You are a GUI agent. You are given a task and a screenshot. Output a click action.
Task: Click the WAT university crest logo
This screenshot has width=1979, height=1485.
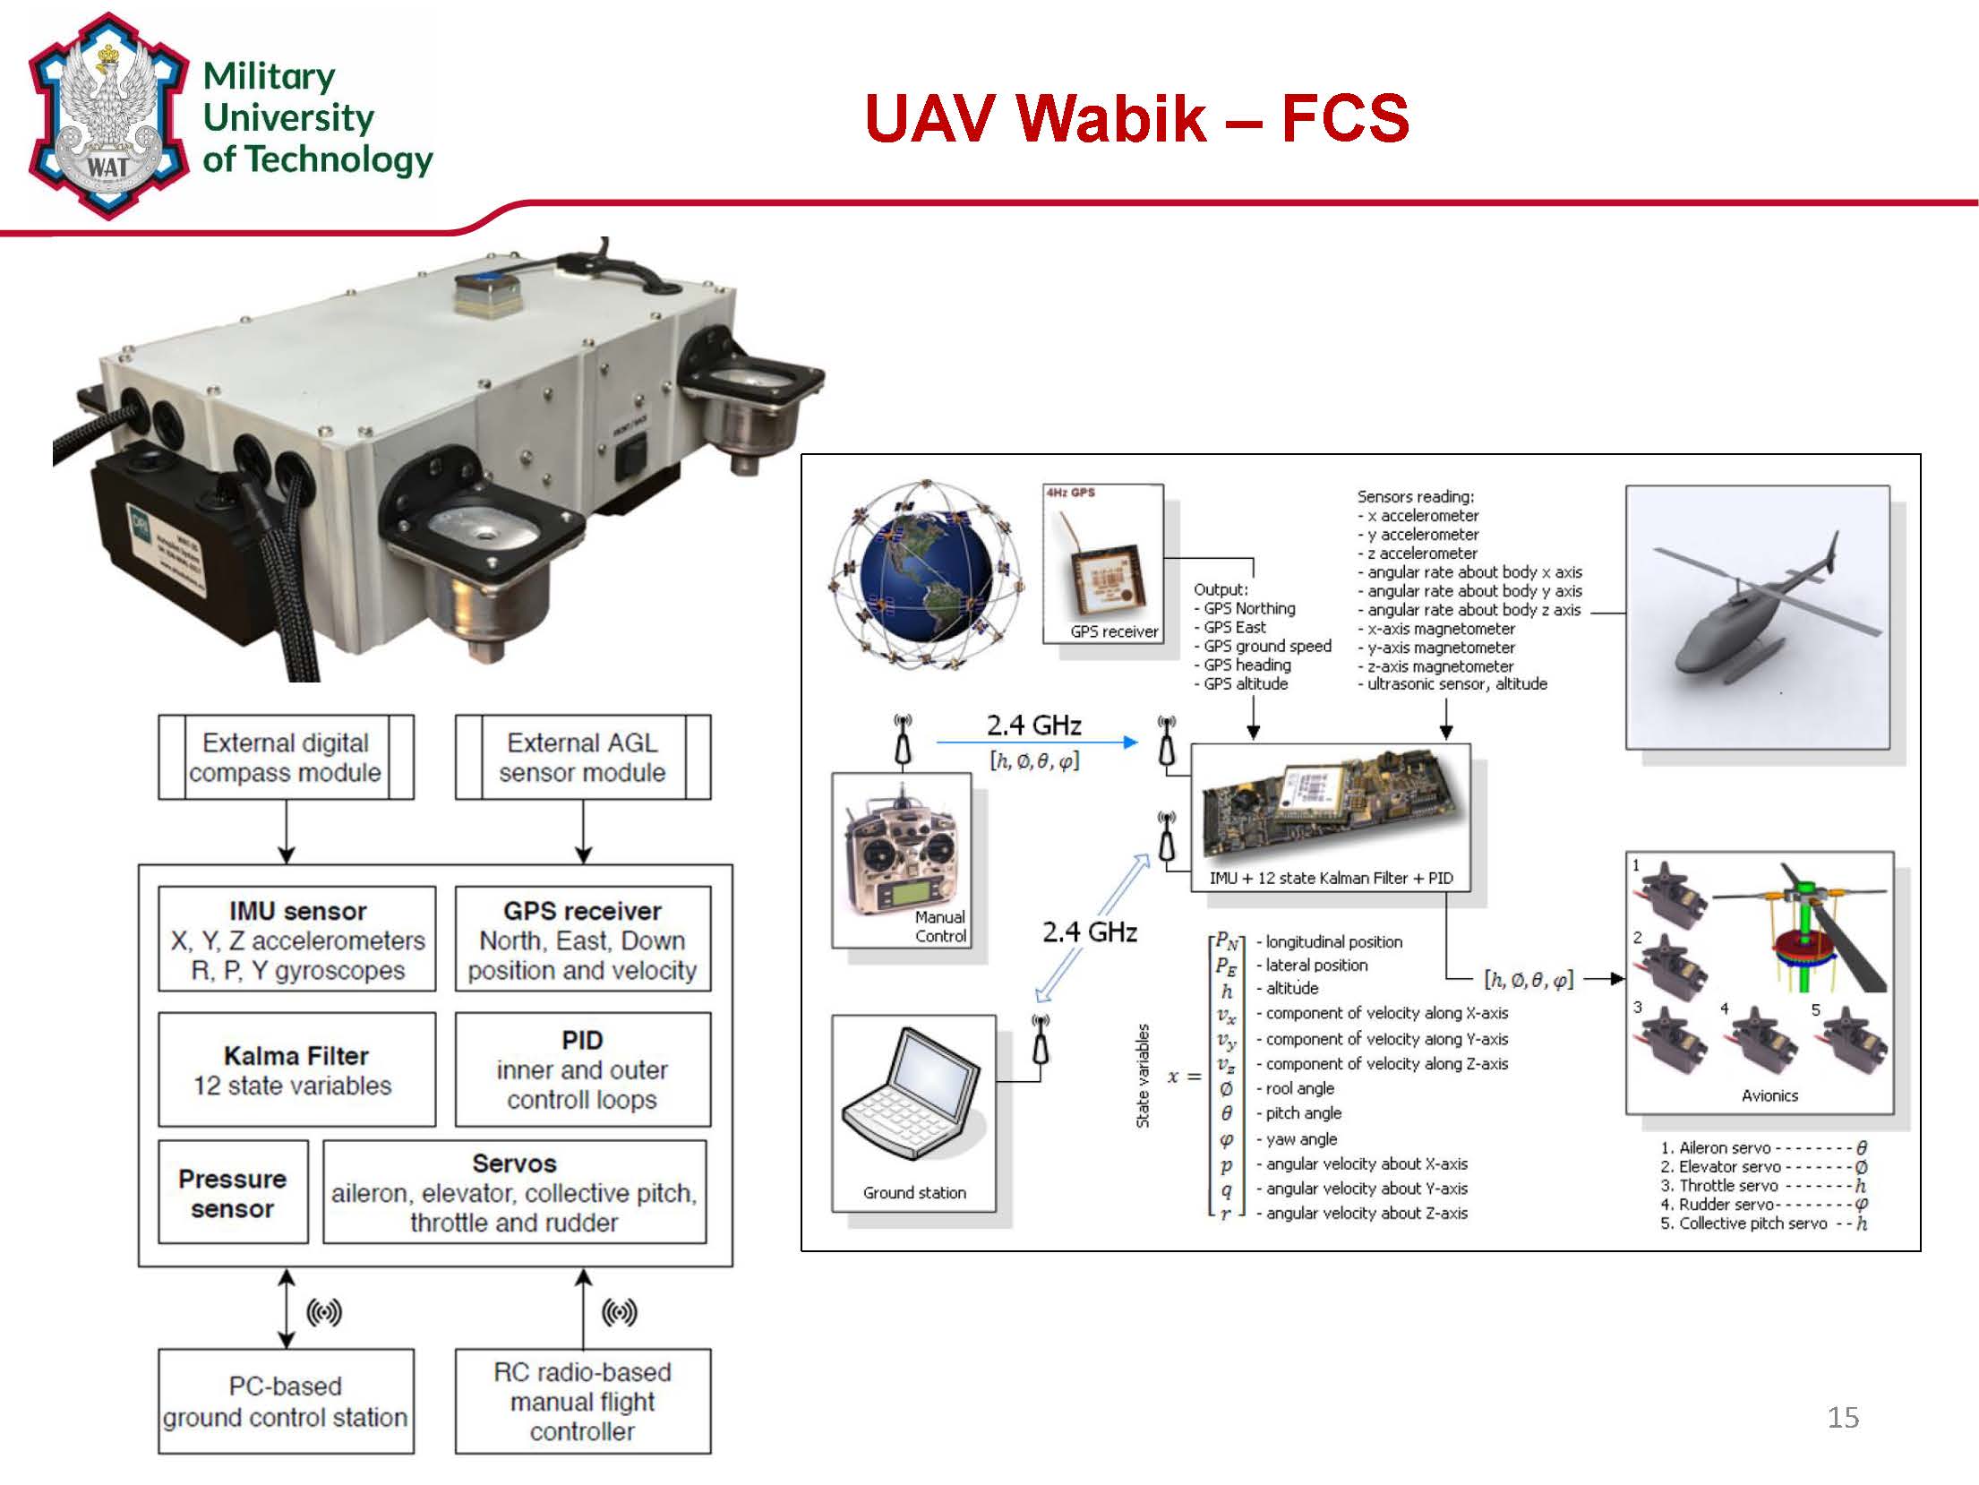tap(107, 116)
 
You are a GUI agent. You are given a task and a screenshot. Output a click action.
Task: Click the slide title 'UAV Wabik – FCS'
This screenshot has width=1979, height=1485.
tap(1136, 118)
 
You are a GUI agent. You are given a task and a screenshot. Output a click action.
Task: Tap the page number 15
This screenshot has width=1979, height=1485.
tap(1843, 1417)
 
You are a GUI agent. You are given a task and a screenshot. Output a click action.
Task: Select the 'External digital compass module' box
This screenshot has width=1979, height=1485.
tap(286, 757)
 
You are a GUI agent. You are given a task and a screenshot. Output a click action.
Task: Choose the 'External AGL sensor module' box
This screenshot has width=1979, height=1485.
tap(582, 757)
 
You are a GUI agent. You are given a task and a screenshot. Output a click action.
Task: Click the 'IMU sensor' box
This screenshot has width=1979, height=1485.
tap(296, 939)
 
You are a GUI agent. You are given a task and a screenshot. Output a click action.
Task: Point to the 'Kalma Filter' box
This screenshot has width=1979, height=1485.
tap(296, 1069)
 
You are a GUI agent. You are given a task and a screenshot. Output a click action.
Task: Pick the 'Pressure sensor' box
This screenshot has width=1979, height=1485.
tap(233, 1192)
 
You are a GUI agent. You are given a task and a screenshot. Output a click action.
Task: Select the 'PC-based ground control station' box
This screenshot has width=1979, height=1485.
tap(286, 1401)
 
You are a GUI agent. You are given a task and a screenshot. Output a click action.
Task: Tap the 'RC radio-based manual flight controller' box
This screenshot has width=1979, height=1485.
tap(582, 1401)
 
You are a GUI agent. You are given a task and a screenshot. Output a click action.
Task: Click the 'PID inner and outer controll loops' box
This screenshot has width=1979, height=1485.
tap(582, 1069)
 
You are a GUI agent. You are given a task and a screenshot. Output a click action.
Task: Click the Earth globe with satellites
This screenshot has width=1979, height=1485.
tap(927, 576)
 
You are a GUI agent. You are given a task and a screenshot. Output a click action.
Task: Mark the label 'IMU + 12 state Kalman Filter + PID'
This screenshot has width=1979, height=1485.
tap(1331, 879)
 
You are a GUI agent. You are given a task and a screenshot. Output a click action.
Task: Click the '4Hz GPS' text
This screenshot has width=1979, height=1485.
tap(1071, 493)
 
